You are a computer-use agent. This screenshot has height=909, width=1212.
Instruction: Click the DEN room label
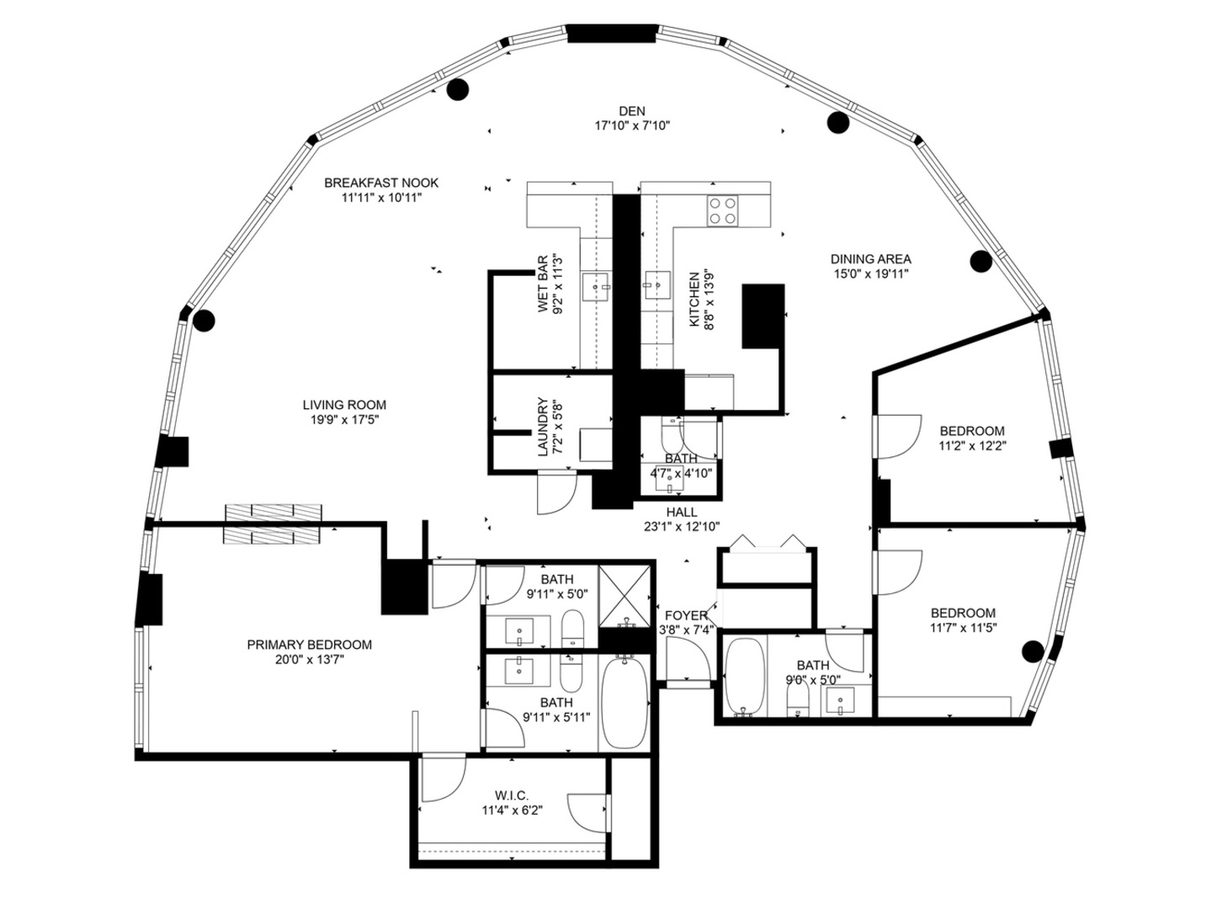[x=632, y=111]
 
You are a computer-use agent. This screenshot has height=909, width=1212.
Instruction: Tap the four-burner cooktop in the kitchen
[x=721, y=210]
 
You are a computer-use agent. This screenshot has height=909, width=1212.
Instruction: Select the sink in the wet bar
[x=600, y=287]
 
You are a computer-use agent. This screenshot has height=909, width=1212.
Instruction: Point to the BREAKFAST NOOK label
[x=381, y=183]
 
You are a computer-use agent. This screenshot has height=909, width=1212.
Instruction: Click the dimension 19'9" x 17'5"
[x=345, y=419]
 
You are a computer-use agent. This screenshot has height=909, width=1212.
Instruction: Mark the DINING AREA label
[x=870, y=259]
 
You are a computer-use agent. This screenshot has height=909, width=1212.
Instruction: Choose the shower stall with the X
[x=625, y=596]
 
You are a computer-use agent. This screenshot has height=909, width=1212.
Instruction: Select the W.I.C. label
[x=512, y=795]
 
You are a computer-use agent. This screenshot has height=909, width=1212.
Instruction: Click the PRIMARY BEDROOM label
[x=309, y=645]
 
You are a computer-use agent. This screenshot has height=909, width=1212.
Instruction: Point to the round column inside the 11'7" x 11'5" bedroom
[x=1032, y=651]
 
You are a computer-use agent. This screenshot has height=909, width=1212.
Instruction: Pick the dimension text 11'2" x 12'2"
[x=972, y=446]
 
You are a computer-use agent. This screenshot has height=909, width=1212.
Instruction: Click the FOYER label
[x=685, y=615]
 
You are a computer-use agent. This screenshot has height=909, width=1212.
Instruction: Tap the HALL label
[x=681, y=512]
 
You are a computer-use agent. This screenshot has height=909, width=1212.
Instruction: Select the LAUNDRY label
[x=543, y=427]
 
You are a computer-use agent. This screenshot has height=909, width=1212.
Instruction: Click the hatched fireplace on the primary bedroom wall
[x=274, y=524]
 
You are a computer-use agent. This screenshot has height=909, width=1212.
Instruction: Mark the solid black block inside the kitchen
[x=763, y=316]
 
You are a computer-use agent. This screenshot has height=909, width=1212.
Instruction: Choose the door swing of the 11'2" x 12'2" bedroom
[x=897, y=436]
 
